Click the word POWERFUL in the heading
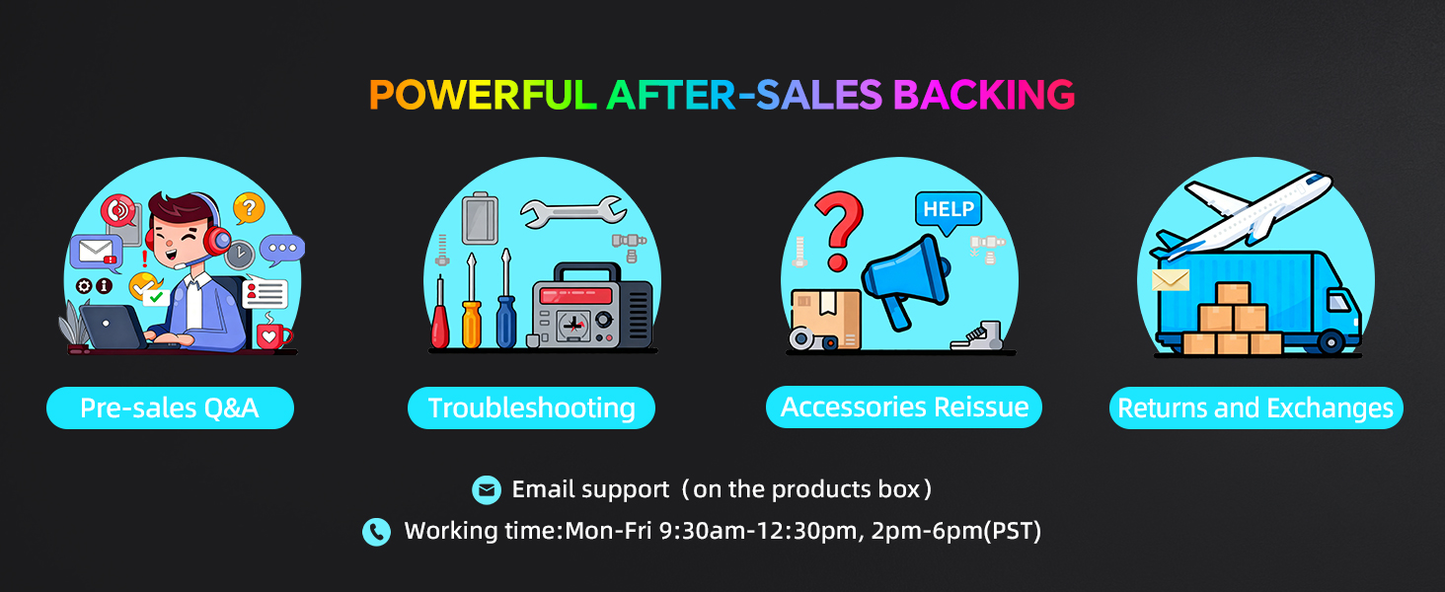point(482,95)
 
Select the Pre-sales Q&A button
point(170,408)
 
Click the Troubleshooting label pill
point(531,408)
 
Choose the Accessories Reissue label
point(904,407)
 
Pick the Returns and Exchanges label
point(1255,408)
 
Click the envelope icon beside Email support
point(486,489)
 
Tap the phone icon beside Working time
point(376,532)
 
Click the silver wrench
point(572,209)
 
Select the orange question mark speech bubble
point(248,208)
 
